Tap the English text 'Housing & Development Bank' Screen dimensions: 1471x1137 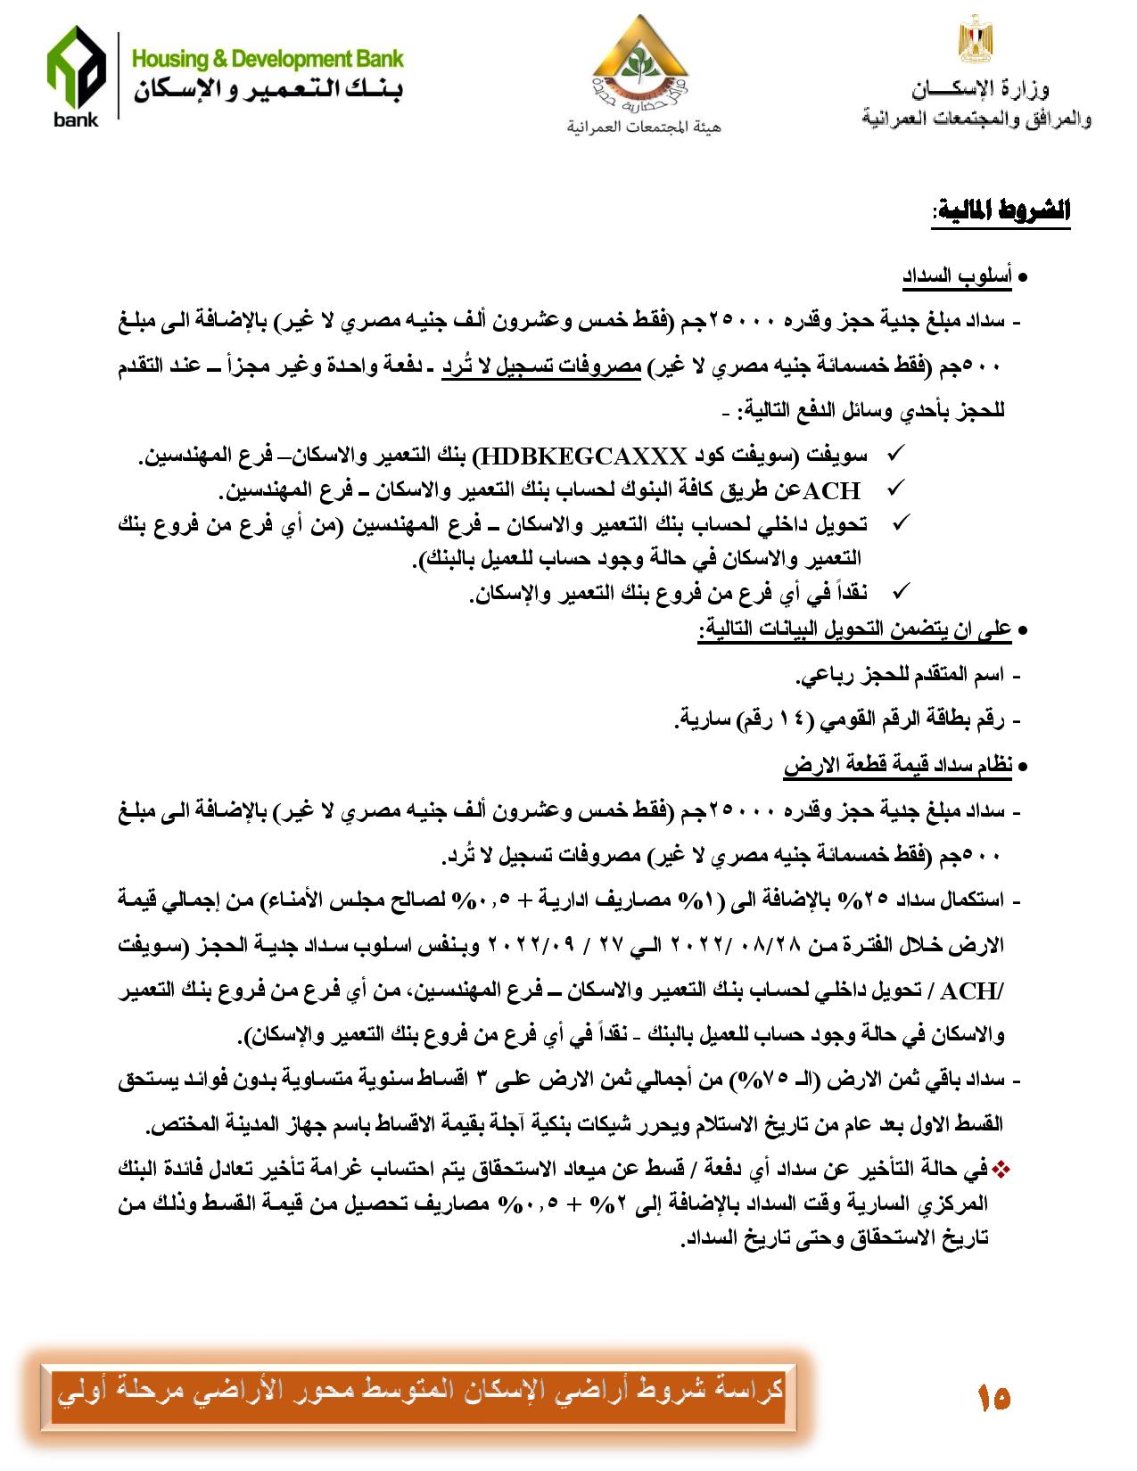268,60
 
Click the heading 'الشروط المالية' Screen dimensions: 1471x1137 1002,212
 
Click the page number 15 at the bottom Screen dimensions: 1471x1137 993,1396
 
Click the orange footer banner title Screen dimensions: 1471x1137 419,1391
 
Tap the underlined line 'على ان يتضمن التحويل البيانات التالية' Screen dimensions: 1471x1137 853,630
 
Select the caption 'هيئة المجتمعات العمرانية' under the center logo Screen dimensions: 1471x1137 643,127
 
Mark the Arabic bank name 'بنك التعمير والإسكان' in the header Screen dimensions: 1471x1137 268,91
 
